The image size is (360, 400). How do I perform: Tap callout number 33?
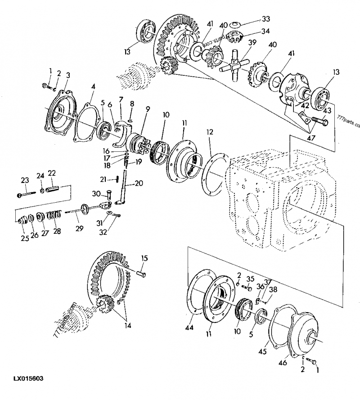pos(266,19)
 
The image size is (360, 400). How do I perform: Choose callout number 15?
pos(144,258)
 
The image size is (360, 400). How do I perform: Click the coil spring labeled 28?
pos(55,217)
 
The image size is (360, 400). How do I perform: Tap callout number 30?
pos(95,194)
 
